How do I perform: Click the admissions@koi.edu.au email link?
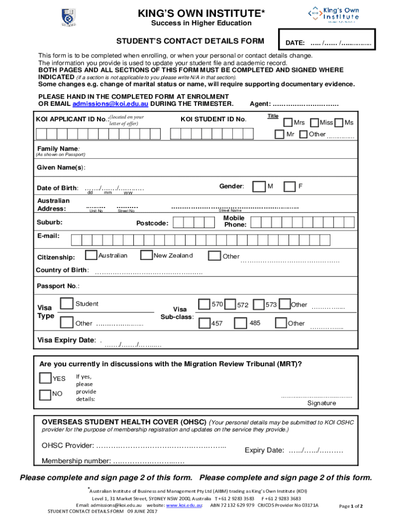(x=110, y=104)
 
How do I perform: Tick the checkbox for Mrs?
(x=289, y=122)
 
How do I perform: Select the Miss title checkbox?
(x=314, y=122)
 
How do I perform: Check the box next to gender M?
(x=261, y=186)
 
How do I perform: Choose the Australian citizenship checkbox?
(x=91, y=255)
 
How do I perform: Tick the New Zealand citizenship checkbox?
(x=147, y=255)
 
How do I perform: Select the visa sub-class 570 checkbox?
(x=204, y=305)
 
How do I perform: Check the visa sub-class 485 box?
(x=241, y=323)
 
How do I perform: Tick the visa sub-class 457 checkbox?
(x=204, y=323)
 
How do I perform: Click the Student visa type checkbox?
(x=67, y=304)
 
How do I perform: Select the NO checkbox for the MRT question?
(x=46, y=394)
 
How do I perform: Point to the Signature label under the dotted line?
(x=322, y=403)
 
